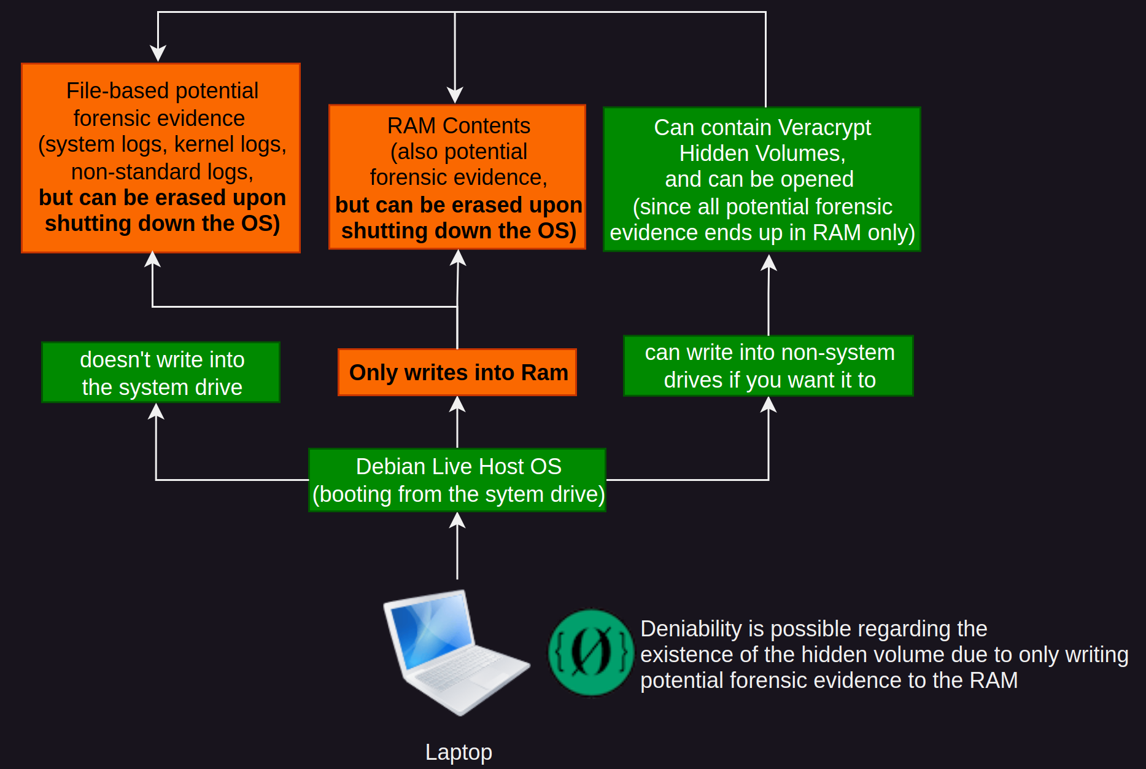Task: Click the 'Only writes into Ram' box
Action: point(457,372)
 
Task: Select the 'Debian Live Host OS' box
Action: point(457,480)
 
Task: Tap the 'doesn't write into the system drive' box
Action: point(161,372)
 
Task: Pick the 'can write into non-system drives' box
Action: point(769,365)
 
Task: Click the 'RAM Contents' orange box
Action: point(457,177)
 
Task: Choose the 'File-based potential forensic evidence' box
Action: point(161,158)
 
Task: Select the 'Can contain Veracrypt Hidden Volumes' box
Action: point(762,179)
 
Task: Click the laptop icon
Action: point(457,652)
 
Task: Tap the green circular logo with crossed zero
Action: point(590,652)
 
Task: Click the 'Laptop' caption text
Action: point(459,752)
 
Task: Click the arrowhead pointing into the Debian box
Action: point(457,520)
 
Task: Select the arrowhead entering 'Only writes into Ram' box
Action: point(457,404)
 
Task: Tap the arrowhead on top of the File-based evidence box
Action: point(158,54)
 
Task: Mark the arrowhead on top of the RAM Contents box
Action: point(455,95)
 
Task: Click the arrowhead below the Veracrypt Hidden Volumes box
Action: point(769,262)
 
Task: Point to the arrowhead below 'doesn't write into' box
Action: point(157,411)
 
